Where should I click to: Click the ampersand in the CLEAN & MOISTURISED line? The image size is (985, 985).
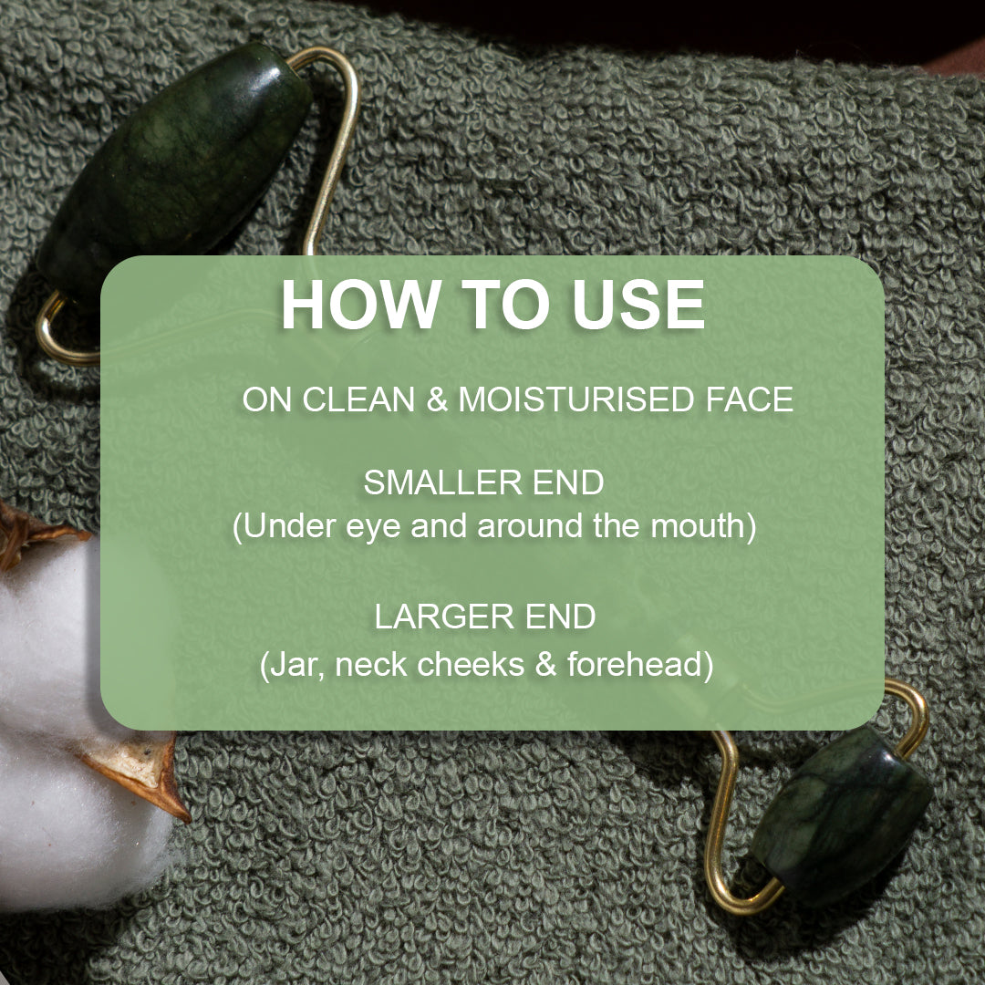coord(437,399)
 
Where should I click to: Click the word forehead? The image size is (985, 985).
coord(638,664)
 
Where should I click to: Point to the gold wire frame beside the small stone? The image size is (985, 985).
coord(725,821)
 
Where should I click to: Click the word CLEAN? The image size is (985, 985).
coord(358,399)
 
